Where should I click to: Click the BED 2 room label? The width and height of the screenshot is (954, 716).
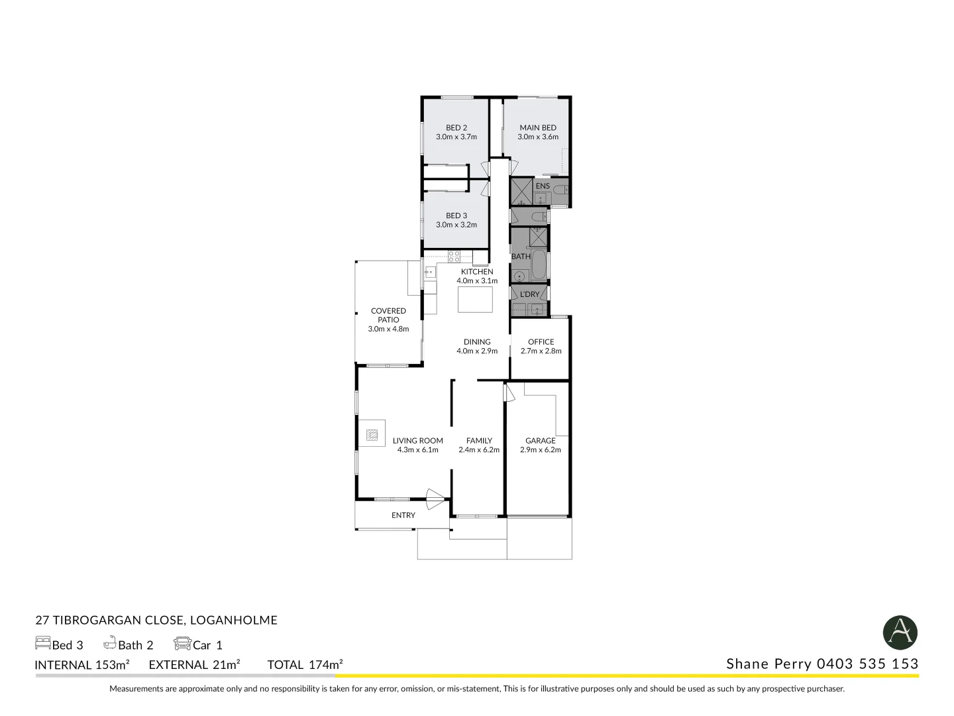pyautogui.click(x=456, y=127)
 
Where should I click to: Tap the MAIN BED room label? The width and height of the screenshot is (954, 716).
pyautogui.click(x=537, y=127)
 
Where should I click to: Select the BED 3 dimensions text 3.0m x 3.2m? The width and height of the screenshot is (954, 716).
pyautogui.click(x=456, y=225)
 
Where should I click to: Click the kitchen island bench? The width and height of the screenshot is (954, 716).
pyautogui.click(x=475, y=299)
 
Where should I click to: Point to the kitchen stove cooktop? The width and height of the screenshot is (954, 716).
pyautogui.click(x=454, y=256)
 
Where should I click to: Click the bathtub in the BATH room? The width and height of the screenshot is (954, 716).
pyautogui.click(x=539, y=265)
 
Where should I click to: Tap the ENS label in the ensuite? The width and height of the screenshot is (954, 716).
pyautogui.click(x=543, y=186)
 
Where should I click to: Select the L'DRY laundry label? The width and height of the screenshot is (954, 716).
pyautogui.click(x=529, y=294)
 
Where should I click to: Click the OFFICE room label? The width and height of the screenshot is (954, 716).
pyautogui.click(x=541, y=341)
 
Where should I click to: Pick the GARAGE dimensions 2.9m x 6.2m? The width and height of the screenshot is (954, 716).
pyautogui.click(x=540, y=449)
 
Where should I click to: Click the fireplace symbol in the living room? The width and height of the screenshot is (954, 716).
pyautogui.click(x=372, y=435)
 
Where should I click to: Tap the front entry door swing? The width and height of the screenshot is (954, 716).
pyautogui.click(x=435, y=499)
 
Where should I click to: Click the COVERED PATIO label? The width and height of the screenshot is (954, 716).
pyautogui.click(x=388, y=315)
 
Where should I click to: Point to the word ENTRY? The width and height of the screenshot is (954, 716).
pyautogui.click(x=403, y=515)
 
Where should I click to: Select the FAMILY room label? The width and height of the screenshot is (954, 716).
pyautogui.click(x=478, y=440)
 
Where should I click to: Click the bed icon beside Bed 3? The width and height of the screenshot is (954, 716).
pyautogui.click(x=42, y=643)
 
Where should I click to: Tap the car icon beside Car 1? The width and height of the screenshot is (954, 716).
pyautogui.click(x=182, y=643)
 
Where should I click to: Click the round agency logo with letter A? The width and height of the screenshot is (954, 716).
pyautogui.click(x=900, y=632)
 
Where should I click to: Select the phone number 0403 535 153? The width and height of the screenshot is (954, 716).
pyautogui.click(x=867, y=664)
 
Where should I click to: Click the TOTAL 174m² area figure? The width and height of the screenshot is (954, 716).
pyautogui.click(x=305, y=664)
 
